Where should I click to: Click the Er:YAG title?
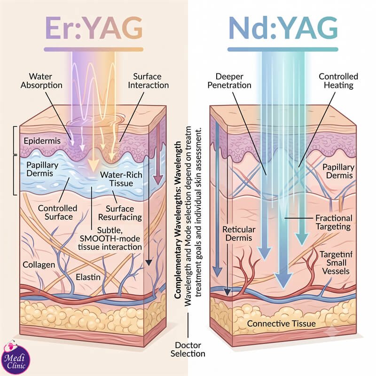point(94,28)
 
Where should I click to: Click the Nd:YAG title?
point(283,28)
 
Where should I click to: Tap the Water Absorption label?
point(41,81)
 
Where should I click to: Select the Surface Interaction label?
point(148,81)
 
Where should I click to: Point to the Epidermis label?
point(42,141)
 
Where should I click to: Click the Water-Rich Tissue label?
point(121,179)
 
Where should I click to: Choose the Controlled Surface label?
point(57,212)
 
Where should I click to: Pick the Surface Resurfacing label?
point(120,213)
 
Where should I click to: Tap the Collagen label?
point(39,265)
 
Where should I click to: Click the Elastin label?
point(88,277)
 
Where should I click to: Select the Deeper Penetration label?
point(229,81)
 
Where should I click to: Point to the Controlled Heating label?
point(338,81)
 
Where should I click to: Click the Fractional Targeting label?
point(334,222)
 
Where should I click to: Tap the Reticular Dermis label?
point(239,234)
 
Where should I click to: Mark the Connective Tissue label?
point(281,323)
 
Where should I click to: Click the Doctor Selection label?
point(188,349)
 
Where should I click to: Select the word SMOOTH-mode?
point(110,239)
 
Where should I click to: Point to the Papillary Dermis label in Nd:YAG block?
point(338,171)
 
